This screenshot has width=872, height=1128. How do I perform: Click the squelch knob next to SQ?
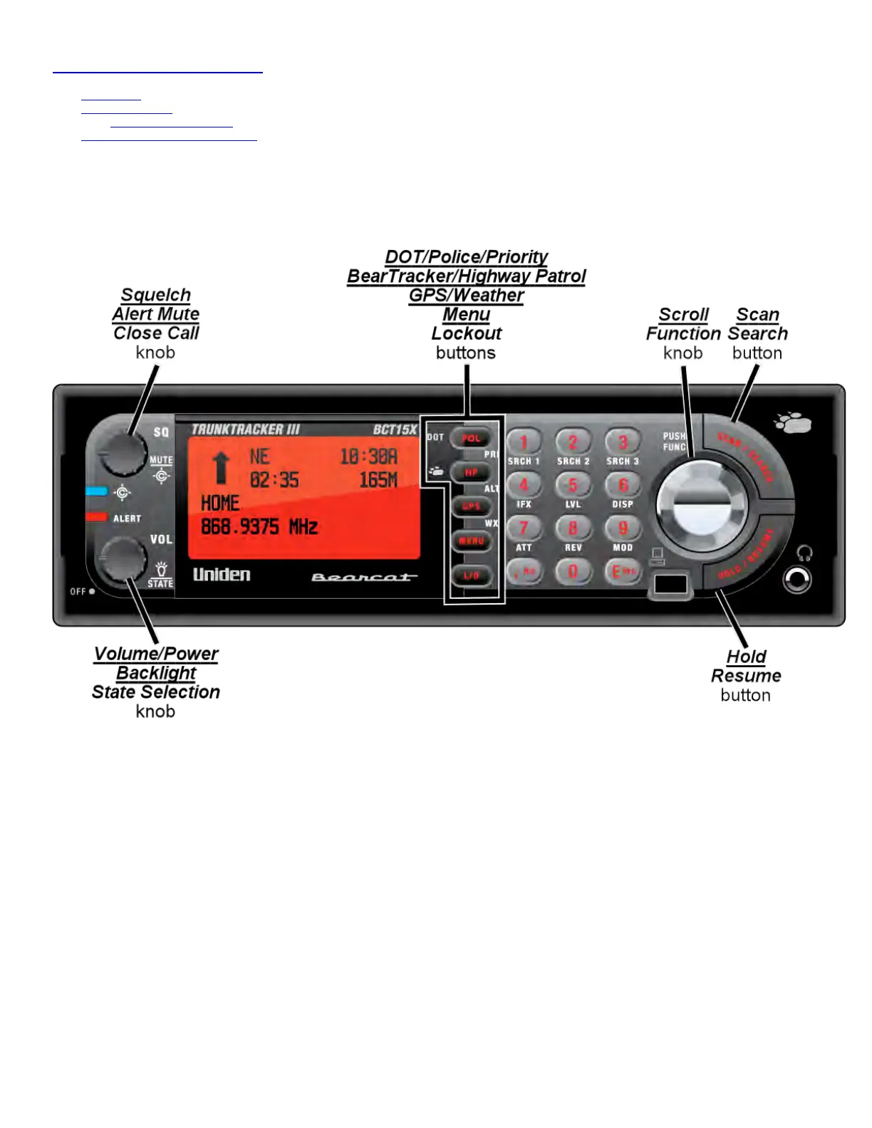coord(122,453)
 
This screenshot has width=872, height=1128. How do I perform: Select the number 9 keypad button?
coord(623,528)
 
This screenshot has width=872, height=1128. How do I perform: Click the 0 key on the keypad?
coord(573,571)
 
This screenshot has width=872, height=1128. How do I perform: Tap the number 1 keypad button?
coord(524,442)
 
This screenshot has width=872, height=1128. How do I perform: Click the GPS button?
coord(471,506)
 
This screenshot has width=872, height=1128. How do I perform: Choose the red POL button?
coord(471,439)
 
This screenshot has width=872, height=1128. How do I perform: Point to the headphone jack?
coord(797,580)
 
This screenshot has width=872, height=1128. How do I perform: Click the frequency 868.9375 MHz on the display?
coord(259,527)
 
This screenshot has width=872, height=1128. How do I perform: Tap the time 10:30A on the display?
coord(368,456)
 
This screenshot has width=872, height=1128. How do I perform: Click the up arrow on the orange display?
coord(222,468)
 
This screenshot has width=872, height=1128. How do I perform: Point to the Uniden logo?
coord(222,575)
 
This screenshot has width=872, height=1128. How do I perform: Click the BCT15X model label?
coord(395,429)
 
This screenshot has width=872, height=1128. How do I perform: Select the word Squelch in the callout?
coord(156,295)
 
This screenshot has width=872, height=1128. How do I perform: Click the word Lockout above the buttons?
coord(467,333)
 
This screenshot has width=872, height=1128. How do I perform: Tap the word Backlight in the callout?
coord(156,673)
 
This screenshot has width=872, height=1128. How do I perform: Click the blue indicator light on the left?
coord(96,491)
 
